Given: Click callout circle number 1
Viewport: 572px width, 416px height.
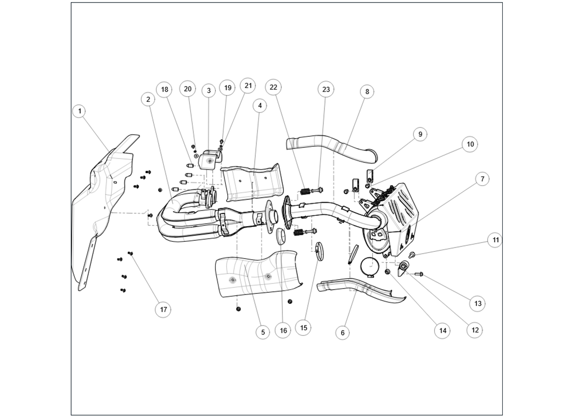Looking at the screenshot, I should (80, 111).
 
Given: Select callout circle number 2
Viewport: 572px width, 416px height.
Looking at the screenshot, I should (148, 99).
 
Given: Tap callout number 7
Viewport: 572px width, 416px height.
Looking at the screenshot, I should (482, 179).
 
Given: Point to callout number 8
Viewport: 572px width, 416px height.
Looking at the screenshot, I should (367, 92).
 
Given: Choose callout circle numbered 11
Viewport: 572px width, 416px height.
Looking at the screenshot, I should (496, 240).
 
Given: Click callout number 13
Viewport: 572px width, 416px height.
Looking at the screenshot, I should (478, 303).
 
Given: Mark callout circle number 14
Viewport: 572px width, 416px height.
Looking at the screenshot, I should (442, 330).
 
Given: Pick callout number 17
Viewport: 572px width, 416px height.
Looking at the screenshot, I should (163, 309).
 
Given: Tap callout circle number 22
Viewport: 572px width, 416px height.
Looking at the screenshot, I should (274, 87).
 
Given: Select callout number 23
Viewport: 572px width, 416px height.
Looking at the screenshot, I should (326, 89).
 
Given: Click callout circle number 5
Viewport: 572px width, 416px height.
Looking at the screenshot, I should (263, 332).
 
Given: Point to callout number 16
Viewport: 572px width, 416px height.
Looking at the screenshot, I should (283, 330).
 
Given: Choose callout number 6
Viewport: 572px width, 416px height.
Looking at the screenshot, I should (342, 332).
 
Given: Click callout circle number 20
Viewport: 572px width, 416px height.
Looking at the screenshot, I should (188, 89).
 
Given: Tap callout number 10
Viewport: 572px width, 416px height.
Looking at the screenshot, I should (470, 144).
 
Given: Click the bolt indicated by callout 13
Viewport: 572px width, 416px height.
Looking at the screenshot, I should (419, 274).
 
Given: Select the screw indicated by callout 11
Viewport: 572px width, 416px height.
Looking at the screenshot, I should (412, 254).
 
